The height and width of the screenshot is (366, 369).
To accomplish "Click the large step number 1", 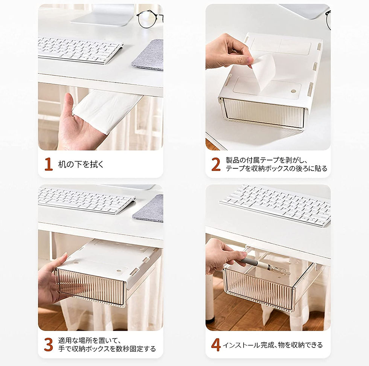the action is tap(49, 164).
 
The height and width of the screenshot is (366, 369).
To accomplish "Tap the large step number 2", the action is tap(216, 164).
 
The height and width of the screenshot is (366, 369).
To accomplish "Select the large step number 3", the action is tap(49, 345).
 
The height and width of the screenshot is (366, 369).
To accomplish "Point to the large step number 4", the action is tap(215, 345).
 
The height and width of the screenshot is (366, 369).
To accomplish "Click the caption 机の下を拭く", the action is tap(81, 164).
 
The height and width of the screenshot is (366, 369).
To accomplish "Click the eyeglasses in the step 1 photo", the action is tap(149, 20).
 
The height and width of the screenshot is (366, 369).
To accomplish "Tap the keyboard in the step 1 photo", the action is tap(80, 50).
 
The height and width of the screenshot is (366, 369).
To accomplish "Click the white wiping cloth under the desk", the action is tap(107, 111).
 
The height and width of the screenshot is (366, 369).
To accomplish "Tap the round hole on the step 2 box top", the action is tap(293, 91).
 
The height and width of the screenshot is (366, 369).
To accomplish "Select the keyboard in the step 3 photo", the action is tap(87, 200).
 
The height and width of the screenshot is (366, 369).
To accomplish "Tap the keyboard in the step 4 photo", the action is tap(275, 204).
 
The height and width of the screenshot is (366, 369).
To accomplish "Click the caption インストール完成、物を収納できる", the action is tap(273, 345).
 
